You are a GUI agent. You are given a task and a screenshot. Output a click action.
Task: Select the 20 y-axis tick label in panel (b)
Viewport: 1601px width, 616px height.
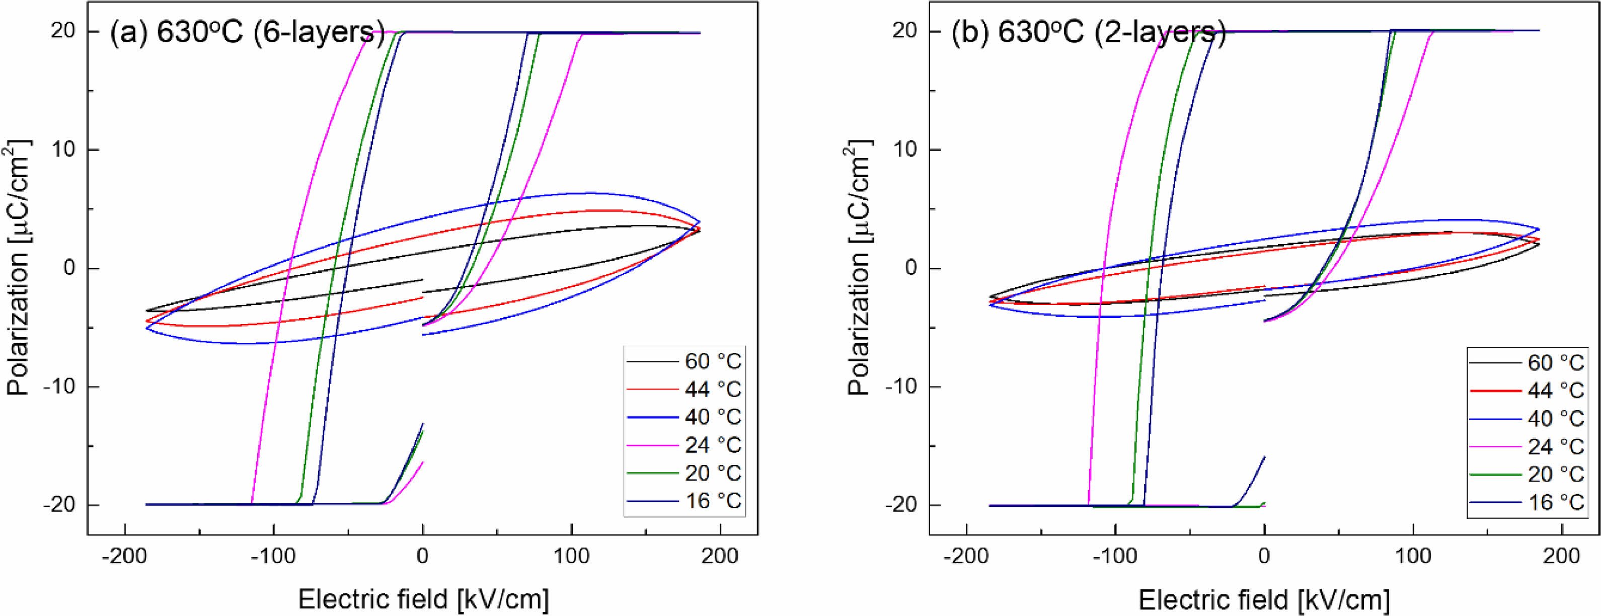(x=904, y=31)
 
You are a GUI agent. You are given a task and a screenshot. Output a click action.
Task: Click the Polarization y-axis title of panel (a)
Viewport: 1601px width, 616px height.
(x=19, y=268)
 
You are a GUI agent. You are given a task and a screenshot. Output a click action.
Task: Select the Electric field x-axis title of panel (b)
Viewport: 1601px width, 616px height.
(x=1264, y=600)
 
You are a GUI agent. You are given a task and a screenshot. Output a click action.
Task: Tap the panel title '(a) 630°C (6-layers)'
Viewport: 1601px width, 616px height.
(x=247, y=32)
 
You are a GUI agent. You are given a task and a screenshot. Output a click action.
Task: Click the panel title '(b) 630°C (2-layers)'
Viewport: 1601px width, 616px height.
(x=1089, y=32)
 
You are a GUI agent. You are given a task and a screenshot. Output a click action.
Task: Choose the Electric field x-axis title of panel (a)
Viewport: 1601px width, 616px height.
(x=423, y=600)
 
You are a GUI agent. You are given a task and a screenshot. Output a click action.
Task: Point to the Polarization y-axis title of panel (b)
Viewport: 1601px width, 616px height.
(x=860, y=268)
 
